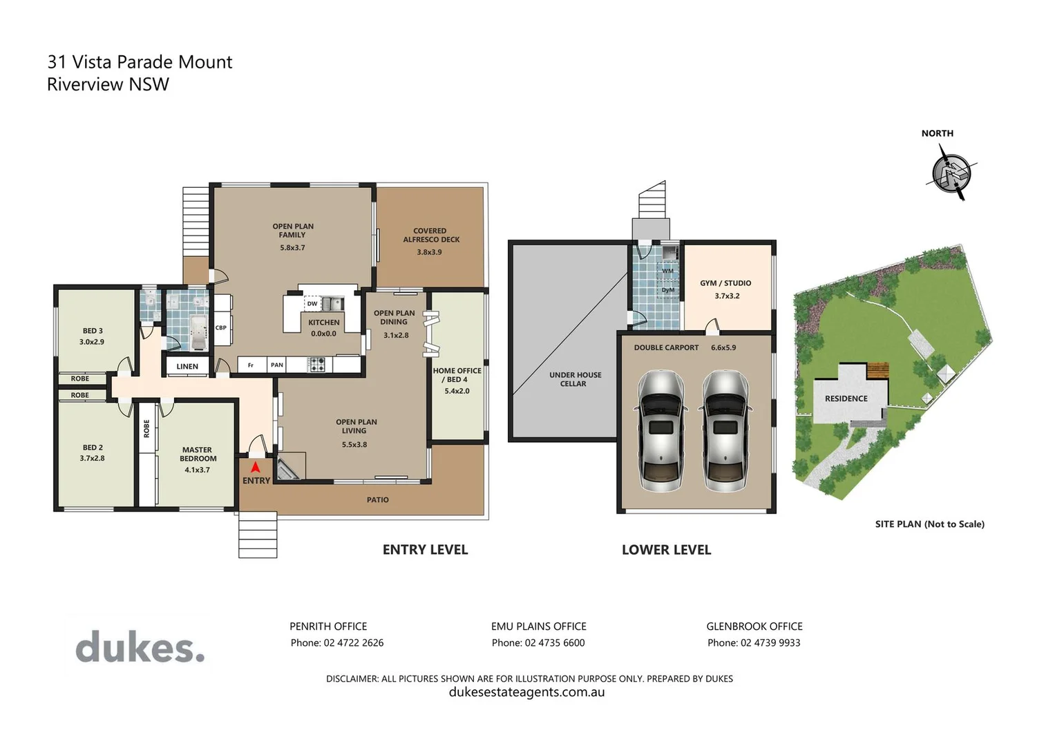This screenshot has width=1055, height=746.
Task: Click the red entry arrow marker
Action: pos(255,467)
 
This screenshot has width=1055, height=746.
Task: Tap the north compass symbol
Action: pos(951,173)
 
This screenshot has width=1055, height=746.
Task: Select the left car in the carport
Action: pos(661,430)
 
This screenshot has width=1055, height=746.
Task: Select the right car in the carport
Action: pos(725,430)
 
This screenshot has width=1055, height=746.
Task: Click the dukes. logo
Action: pos(140,647)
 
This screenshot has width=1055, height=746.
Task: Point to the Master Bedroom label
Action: pos(198,454)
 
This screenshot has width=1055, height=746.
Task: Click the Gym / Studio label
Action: pos(725,283)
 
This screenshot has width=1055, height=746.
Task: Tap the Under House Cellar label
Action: pos(575,379)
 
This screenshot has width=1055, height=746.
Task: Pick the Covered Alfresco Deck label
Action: pos(430,236)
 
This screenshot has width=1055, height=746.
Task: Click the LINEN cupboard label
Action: pos(187,367)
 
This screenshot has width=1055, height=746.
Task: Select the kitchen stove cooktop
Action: pos(316,365)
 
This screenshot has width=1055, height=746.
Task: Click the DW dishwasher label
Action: pos(312,304)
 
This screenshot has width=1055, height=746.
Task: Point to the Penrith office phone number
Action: pos(336,643)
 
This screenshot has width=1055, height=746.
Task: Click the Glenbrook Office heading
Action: pos(754,627)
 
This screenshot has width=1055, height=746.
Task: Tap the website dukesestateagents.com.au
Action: pos(526,692)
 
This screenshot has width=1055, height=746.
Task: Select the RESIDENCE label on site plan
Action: pos(846,399)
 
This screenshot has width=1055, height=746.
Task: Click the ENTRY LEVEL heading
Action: pos(425,550)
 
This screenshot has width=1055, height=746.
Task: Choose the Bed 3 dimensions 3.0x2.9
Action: pos(92,342)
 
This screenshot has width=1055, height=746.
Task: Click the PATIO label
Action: pos(377,500)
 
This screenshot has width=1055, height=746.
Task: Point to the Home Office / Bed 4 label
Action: pos(457,375)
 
